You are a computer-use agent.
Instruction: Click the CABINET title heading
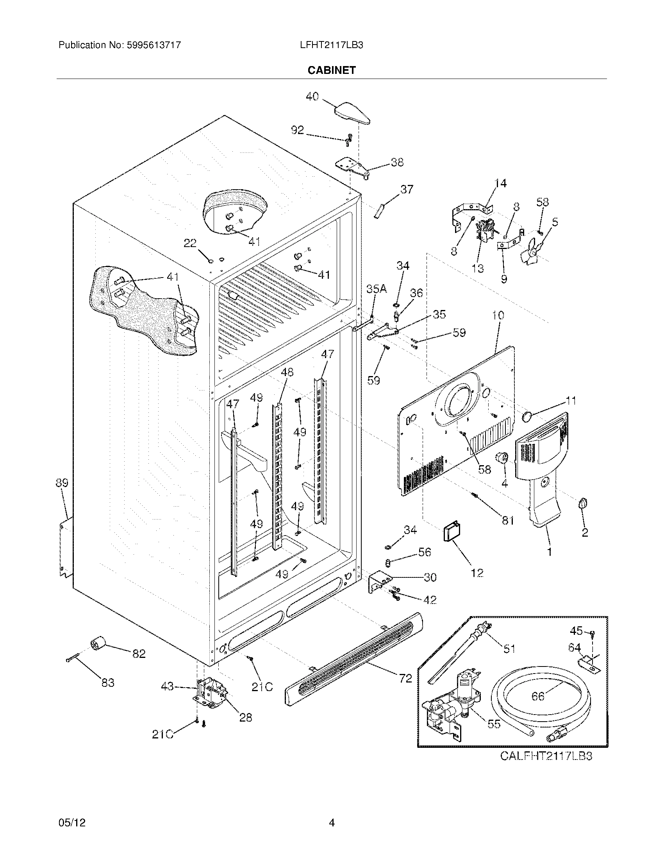pos(331,70)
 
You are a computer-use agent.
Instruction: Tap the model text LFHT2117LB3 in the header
pos(331,45)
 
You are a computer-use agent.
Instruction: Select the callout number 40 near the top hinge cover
pos(312,97)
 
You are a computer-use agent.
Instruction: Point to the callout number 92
pos(297,130)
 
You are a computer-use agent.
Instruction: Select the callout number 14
pos(500,183)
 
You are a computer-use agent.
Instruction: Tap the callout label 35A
pos(377,289)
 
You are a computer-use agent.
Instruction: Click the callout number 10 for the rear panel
pos(498,315)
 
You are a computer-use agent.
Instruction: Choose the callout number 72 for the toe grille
pos(405,678)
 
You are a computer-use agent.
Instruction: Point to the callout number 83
pos(107,683)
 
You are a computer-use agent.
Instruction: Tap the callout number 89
pos(62,483)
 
